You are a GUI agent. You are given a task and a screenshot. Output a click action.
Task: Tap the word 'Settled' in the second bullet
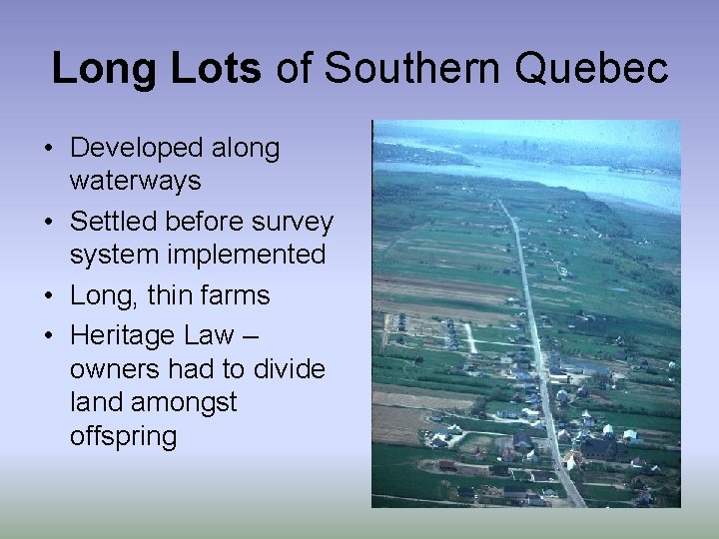(x=113, y=222)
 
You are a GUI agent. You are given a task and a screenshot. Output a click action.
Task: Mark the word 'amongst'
(x=188, y=402)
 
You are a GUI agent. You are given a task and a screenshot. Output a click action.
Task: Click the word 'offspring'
(x=123, y=436)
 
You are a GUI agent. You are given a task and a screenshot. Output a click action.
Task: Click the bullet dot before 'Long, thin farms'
(x=48, y=296)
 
